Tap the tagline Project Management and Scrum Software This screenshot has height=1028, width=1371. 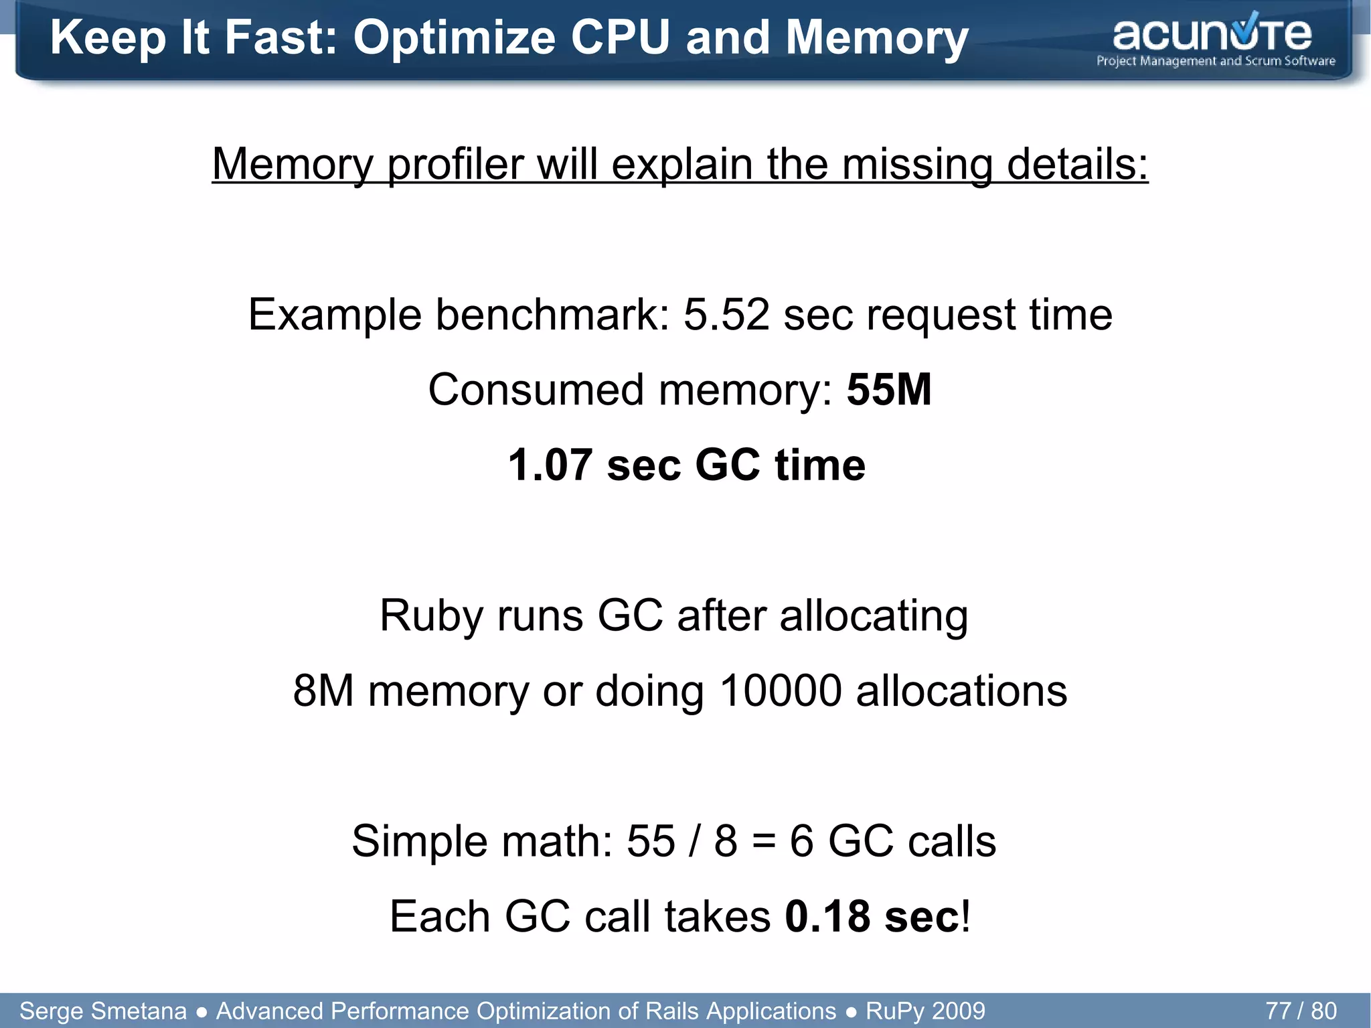point(1216,62)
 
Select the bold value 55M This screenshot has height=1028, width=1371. point(889,390)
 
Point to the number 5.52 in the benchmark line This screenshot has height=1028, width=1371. point(726,315)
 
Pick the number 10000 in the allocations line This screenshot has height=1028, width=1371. point(780,690)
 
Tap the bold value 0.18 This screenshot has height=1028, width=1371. point(827,916)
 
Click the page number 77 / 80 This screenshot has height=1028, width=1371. point(1301,1011)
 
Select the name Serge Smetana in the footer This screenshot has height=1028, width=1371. point(103,1011)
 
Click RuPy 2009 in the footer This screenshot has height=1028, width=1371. point(925,1011)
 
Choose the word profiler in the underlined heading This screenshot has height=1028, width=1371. point(455,164)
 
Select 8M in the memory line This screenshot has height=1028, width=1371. point(323,690)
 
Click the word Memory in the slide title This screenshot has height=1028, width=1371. point(877,38)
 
